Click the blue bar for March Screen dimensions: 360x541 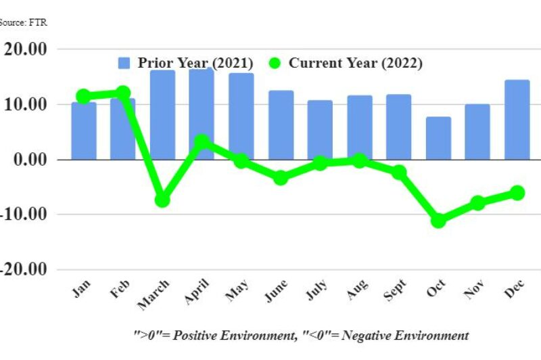pos(162,115)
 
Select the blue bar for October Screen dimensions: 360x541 pos(438,138)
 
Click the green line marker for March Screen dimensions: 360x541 pos(162,200)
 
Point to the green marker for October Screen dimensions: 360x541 pos(438,221)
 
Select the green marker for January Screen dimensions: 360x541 pos(84,96)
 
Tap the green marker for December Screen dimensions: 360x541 pos(517,193)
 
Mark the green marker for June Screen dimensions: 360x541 pos(281,178)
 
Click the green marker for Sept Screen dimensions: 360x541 pos(399,173)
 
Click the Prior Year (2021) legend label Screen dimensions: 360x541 pos(195,63)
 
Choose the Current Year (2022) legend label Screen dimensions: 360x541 pos(356,63)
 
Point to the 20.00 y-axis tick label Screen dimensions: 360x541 pos(26,49)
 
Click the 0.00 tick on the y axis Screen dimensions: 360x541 pos(30,160)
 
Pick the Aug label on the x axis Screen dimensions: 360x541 pos(358,290)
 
